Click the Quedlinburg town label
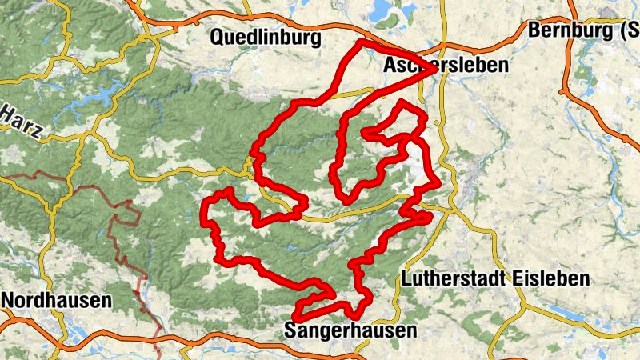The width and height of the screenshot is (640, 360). pos(265,38)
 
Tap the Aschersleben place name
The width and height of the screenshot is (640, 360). pos(445,66)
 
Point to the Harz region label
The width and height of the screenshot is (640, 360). pos(21,124)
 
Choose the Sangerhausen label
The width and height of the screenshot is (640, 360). pos(350,330)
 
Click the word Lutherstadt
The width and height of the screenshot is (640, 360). pos(453,279)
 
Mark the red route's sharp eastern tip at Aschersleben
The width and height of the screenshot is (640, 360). pos(436,70)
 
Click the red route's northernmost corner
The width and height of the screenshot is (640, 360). pos(362,41)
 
